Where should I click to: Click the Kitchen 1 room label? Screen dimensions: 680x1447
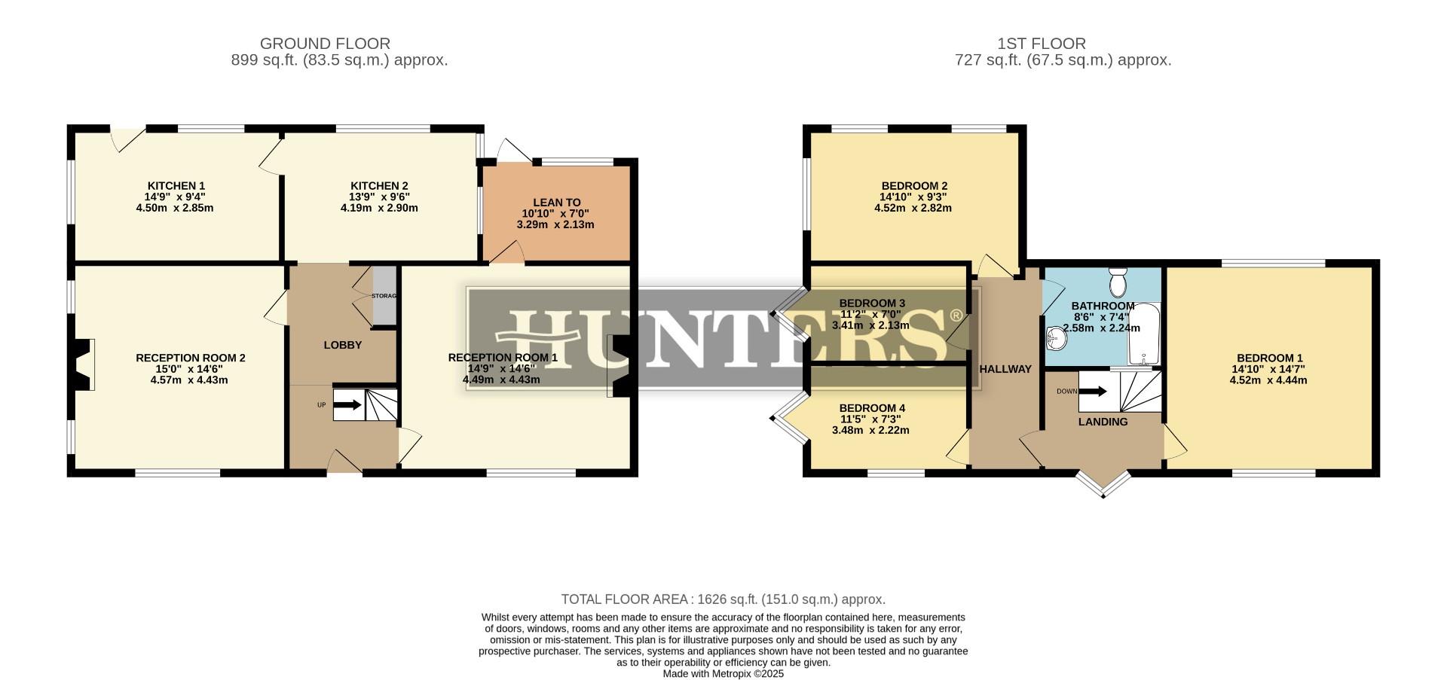(x=176, y=186)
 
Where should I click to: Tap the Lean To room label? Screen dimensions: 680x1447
(x=556, y=203)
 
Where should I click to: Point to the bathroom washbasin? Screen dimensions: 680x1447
(x=1054, y=340)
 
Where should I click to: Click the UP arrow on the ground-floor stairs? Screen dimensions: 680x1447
(x=347, y=405)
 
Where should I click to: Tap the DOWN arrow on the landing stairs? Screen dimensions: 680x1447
(x=1093, y=392)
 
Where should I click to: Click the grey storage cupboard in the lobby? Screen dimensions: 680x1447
(x=384, y=296)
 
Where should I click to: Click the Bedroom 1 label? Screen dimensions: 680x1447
(x=1269, y=358)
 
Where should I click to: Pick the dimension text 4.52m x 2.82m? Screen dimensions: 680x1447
(x=913, y=209)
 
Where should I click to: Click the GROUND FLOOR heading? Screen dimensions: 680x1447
(x=325, y=44)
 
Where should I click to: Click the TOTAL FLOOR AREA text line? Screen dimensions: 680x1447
(x=723, y=599)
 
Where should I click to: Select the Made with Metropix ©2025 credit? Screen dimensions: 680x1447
(x=723, y=674)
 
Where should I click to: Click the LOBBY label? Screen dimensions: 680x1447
(x=343, y=345)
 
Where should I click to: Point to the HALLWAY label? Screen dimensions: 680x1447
(x=1005, y=369)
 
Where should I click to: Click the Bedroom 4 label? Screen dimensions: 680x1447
(x=872, y=408)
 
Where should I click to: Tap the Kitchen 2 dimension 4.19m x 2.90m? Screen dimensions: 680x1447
(x=379, y=209)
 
